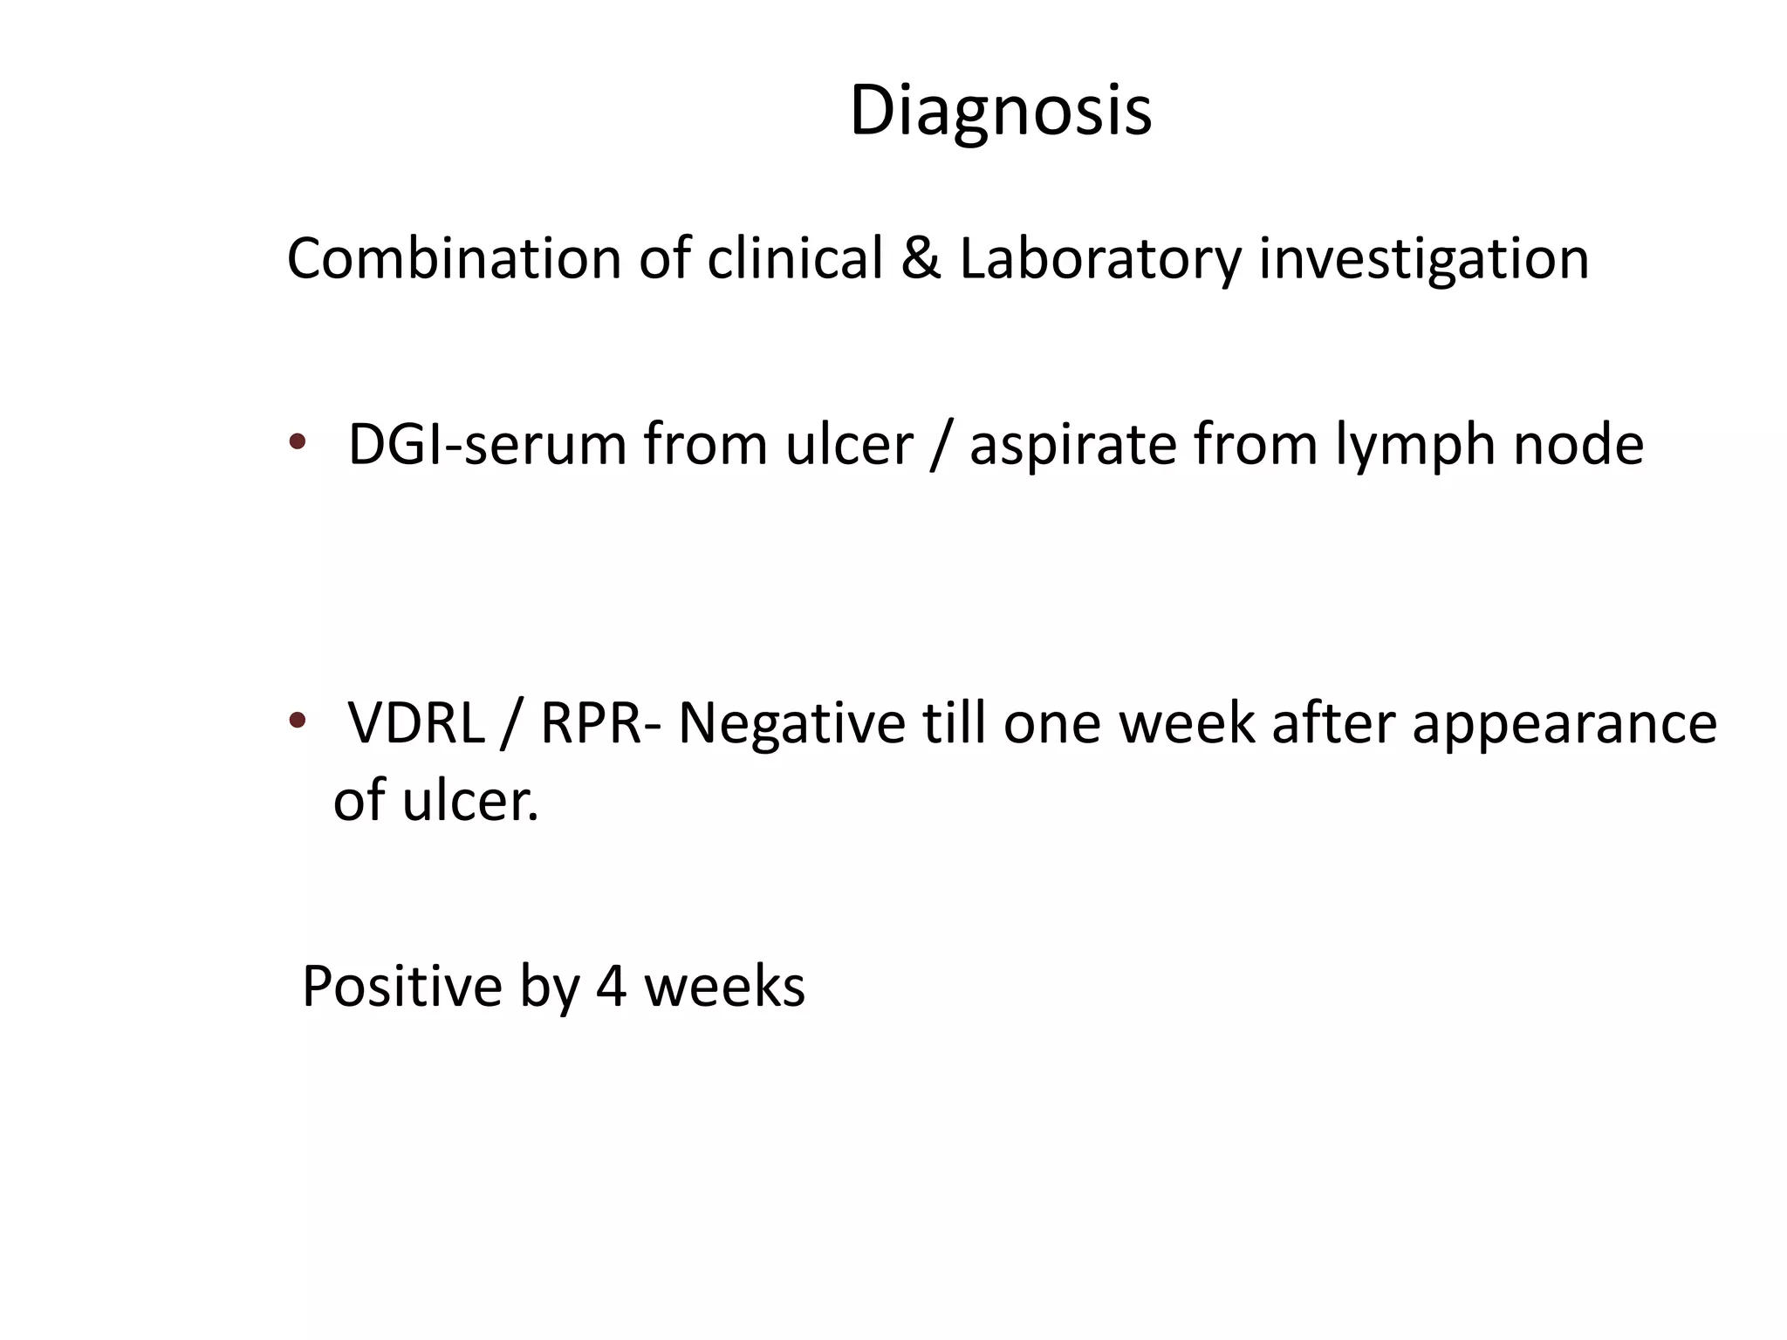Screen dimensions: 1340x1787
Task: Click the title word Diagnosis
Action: pyautogui.click(x=1000, y=112)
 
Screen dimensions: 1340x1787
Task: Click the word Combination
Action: pyautogui.click(x=454, y=260)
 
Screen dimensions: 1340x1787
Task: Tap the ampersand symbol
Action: pyautogui.click(x=921, y=259)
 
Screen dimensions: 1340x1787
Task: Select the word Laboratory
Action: pyautogui.click(x=1099, y=260)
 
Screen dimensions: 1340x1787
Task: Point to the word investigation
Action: pyautogui.click(x=1423, y=260)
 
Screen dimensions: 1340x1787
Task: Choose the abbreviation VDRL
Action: pyautogui.click(x=416, y=724)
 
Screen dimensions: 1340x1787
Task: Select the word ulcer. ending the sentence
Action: pyautogui.click(x=470, y=801)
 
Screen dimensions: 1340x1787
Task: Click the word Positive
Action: pyautogui.click(x=402, y=988)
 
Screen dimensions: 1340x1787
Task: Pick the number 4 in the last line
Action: pyautogui.click(x=611, y=988)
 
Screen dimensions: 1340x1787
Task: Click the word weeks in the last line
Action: pyautogui.click(x=724, y=988)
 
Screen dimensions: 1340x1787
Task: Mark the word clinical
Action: pyautogui.click(x=795, y=260)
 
